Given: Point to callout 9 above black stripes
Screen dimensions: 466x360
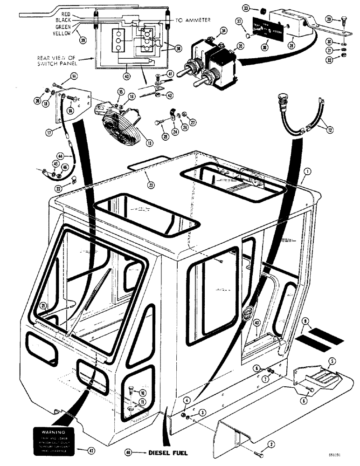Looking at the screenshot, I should (x=305, y=321).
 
